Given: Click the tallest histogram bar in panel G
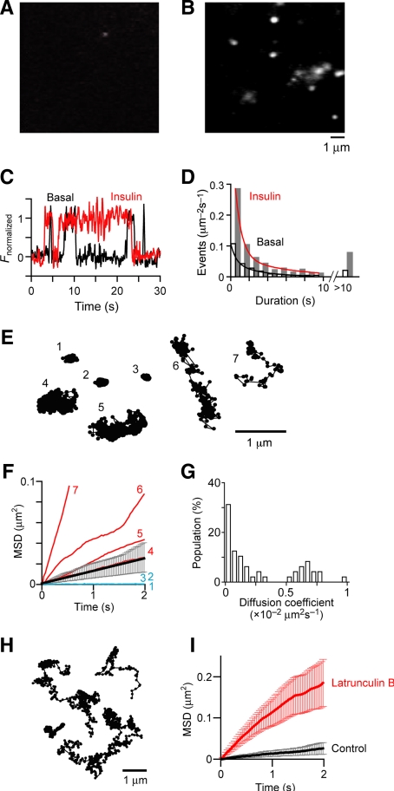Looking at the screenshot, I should click(x=227, y=544).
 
